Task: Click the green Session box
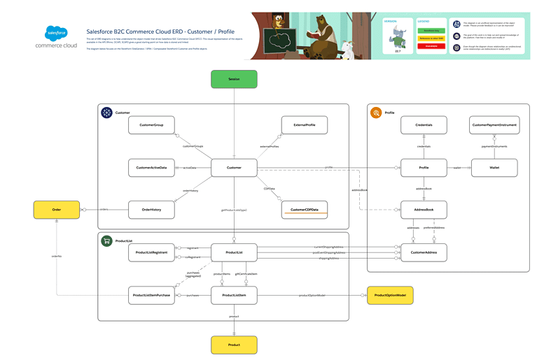[x=234, y=79]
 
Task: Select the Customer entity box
[x=234, y=167]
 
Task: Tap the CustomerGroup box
[x=151, y=125]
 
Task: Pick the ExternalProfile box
[x=303, y=125]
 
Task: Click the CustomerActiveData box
[x=151, y=167]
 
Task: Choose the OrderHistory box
[x=151, y=209]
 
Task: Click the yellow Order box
[x=57, y=209]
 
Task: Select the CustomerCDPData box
[x=303, y=209]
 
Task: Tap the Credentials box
[x=424, y=125]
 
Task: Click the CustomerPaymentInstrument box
[x=494, y=125]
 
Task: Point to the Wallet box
[x=494, y=167]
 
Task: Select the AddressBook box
[x=424, y=209]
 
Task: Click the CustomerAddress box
[x=424, y=252]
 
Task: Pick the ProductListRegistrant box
[x=151, y=252]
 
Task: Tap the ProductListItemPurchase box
[x=151, y=296]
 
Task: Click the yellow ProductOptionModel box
[x=390, y=296]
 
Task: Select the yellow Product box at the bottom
[x=234, y=344]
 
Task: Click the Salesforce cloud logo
[x=56, y=33]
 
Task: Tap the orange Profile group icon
[x=376, y=113]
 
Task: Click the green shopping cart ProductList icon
[x=106, y=241]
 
